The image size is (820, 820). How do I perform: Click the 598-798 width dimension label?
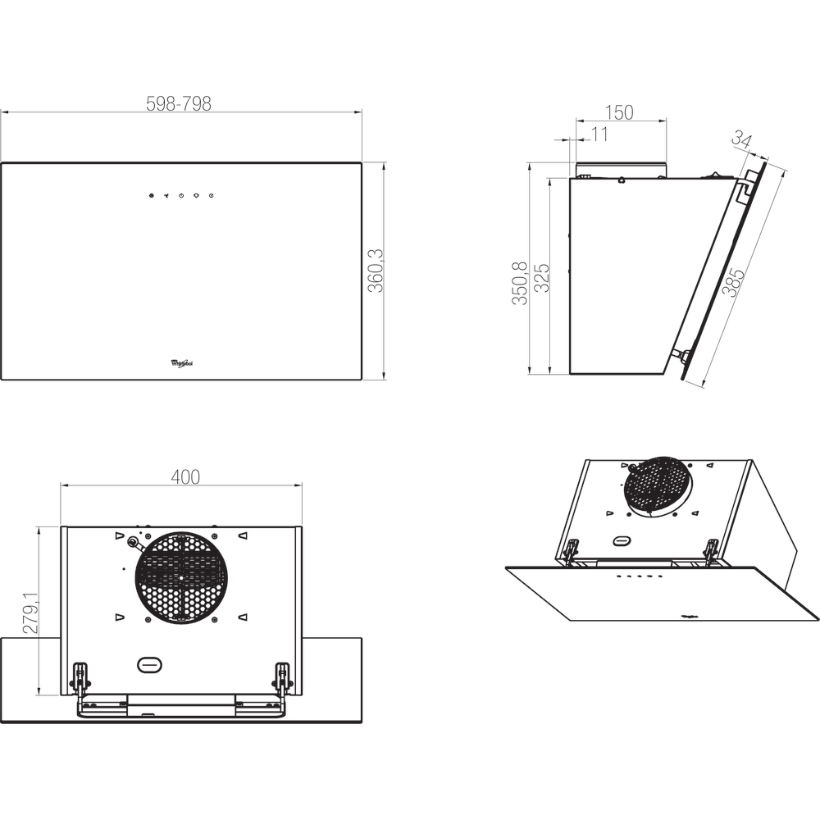click(x=179, y=103)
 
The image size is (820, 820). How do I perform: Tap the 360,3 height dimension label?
click(x=376, y=271)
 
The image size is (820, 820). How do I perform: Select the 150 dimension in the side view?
click(x=619, y=112)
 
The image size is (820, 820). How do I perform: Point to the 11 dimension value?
click(x=600, y=134)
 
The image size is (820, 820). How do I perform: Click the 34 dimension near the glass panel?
click(x=741, y=139)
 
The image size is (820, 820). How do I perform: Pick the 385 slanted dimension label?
click(x=732, y=282)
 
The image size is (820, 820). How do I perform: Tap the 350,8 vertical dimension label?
click(x=519, y=283)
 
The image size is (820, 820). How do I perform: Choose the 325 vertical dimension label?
click(x=541, y=278)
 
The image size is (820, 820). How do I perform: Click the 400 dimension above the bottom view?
click(x=185, y=477)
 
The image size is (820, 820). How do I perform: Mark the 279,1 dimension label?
click(x=31, y=613)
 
